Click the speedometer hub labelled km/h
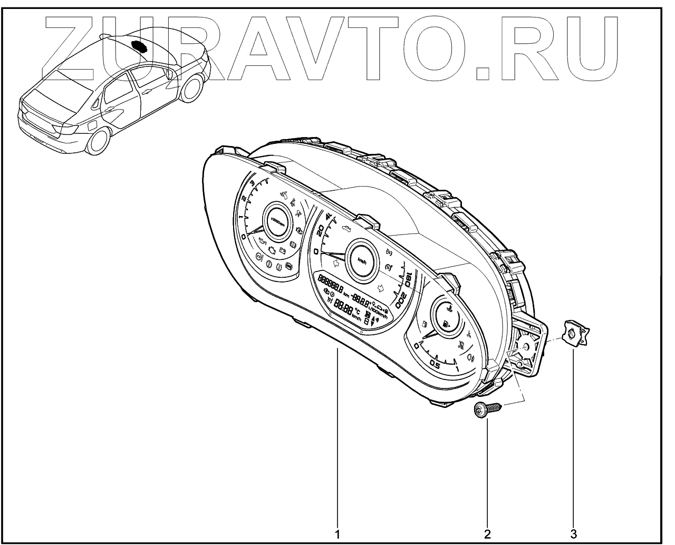361,260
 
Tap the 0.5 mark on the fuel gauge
436,364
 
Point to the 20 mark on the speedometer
319,230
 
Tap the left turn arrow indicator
334,258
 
